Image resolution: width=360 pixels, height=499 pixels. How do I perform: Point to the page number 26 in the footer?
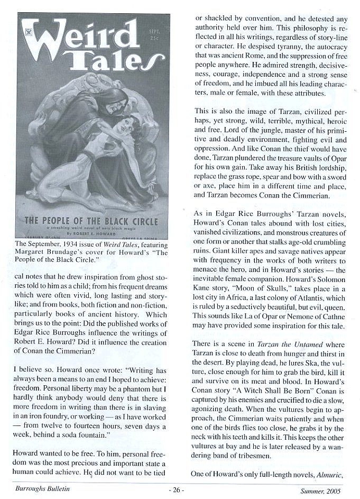177,489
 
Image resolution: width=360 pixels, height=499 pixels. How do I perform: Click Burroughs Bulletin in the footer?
42,489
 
